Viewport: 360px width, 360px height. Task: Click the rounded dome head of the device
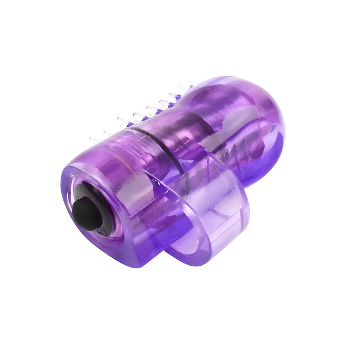(x=252, y=119)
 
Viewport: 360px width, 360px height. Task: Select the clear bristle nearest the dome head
(x=186, y=86)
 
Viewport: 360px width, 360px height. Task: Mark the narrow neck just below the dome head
(x=180, y=108)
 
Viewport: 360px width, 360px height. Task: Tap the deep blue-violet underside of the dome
(x=266, y=158)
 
